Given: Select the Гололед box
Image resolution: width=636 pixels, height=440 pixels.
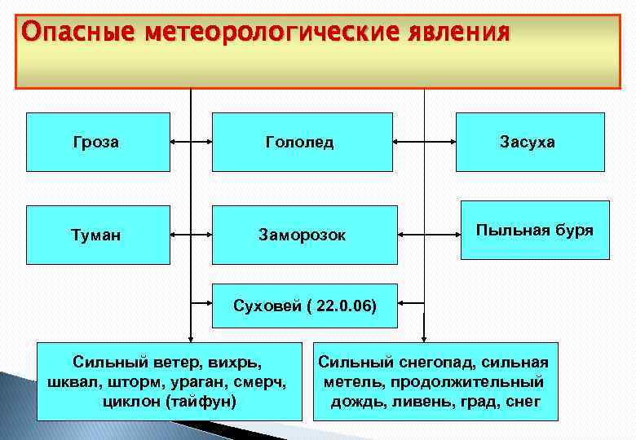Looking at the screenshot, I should coord(299,142).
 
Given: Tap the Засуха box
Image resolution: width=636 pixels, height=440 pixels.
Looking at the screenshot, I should coord(529,142).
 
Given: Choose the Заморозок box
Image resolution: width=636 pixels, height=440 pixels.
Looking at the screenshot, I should coord(304,235).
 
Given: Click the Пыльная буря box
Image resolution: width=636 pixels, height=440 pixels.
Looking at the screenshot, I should coord(535,230).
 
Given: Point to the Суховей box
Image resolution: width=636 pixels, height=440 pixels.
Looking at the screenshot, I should coord(304,306).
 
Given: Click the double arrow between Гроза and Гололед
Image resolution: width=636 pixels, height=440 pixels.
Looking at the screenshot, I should coord(192,141).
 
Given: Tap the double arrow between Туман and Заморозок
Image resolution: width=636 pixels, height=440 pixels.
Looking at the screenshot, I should coord(192,234).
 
